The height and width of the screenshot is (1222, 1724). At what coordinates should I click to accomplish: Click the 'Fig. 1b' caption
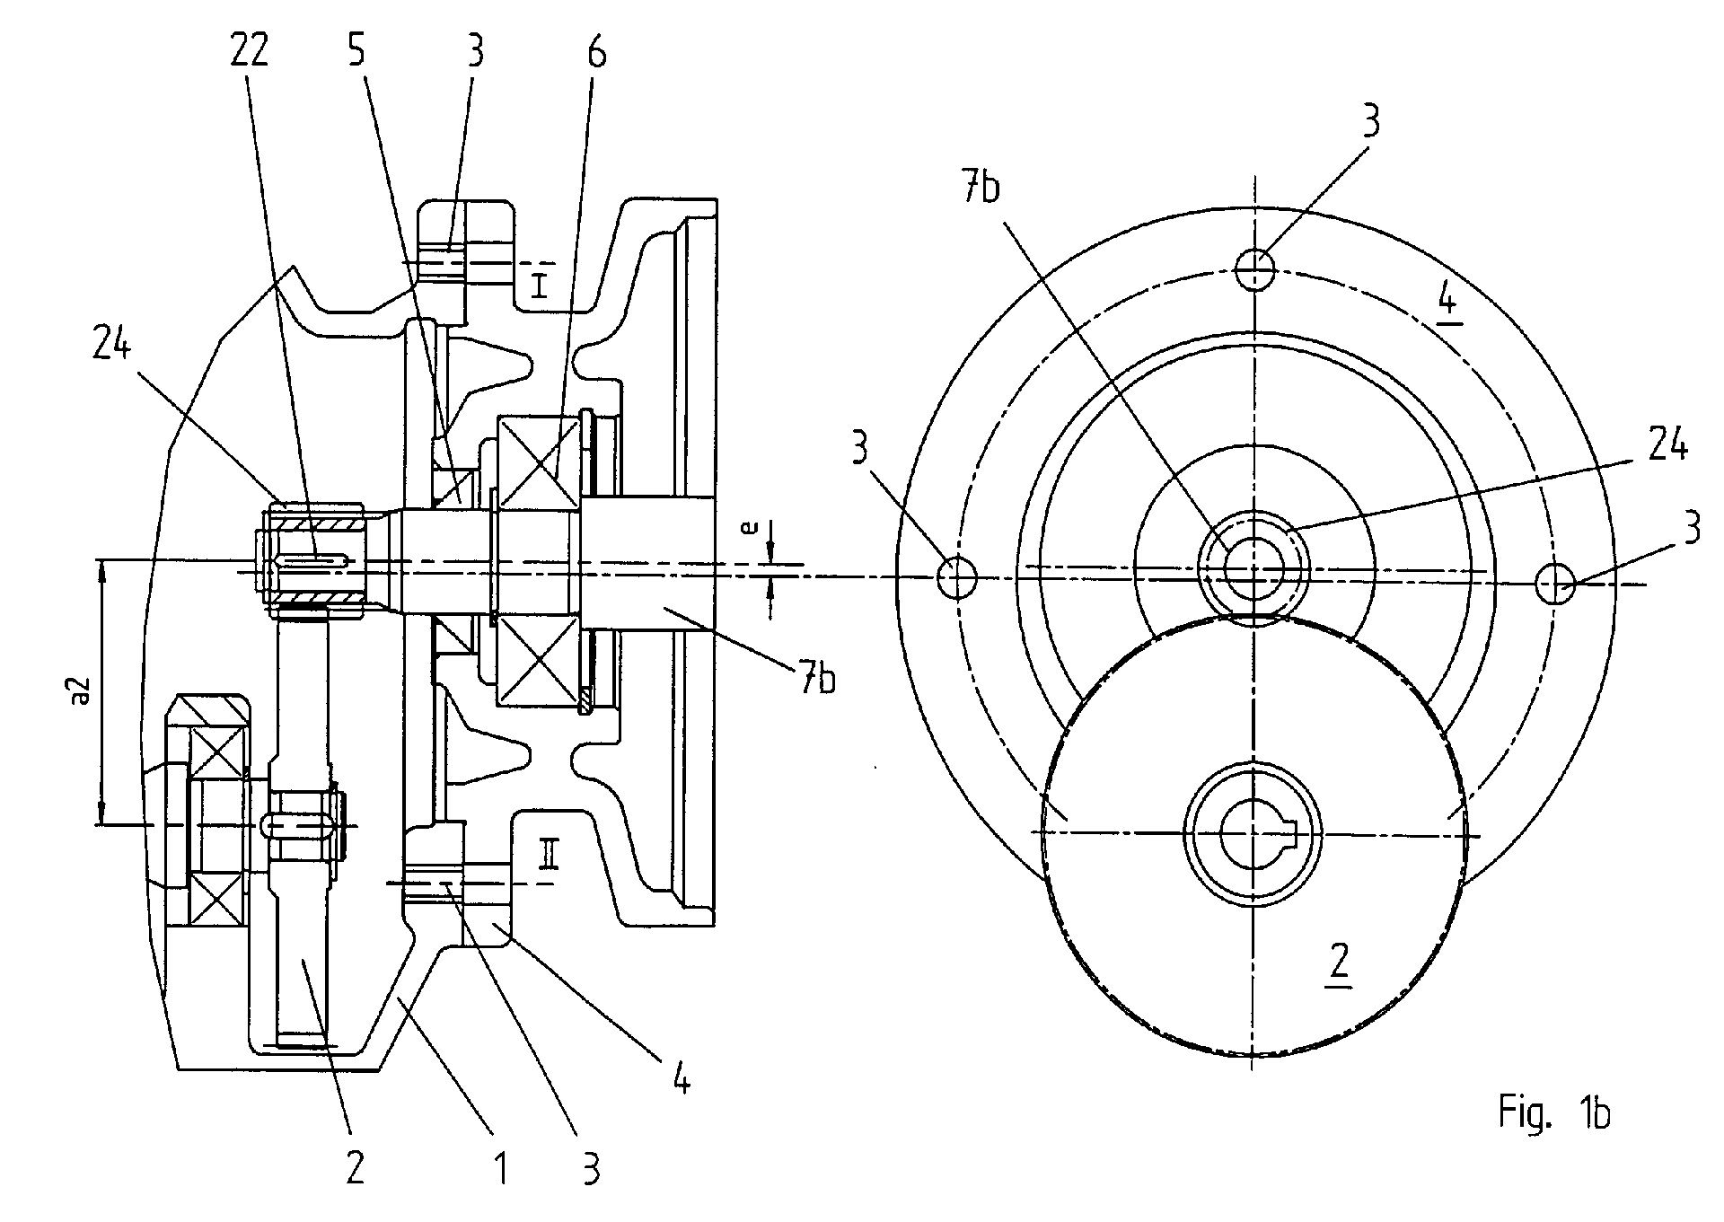tap(1553, 1114)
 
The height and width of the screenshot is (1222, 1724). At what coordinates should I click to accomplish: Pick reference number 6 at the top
tap(596, 54)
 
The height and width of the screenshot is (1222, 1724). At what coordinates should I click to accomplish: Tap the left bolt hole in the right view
tap(957, 577)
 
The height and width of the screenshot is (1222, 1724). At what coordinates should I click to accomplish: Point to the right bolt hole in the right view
tap(1556, 585)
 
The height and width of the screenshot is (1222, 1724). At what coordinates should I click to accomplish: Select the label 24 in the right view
tap(1667, 445)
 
